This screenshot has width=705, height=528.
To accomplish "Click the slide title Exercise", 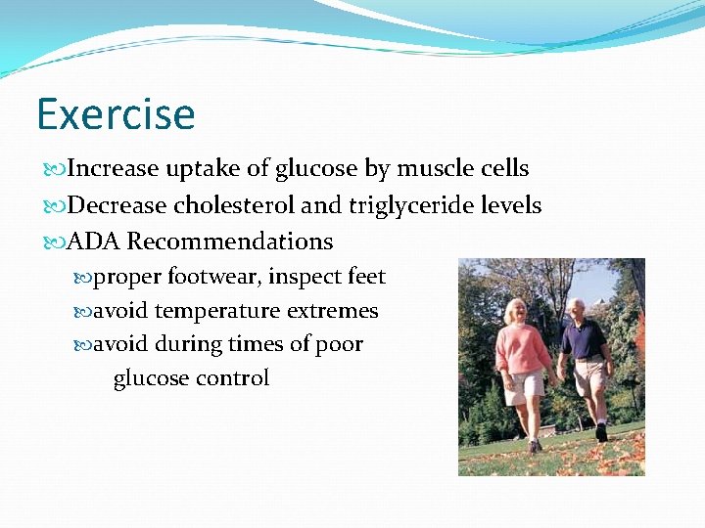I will click(x=116, y=114).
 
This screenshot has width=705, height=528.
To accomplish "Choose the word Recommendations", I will click(x=230, y=242).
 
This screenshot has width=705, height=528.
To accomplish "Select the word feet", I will click(x=366, y=277).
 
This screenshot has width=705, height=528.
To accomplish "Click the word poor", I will click(x=340, y=344).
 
